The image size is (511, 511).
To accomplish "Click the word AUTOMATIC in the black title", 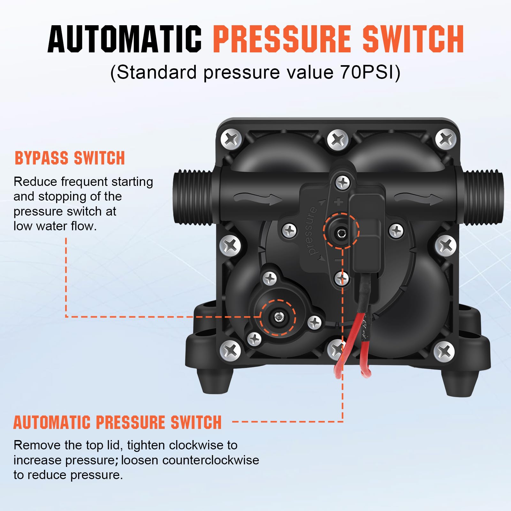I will point(125,39).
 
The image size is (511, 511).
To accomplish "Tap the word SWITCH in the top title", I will point(413,39).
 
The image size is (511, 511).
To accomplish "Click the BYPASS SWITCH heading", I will point(70,158).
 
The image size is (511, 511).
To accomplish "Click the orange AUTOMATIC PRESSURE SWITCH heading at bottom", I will point(117,423).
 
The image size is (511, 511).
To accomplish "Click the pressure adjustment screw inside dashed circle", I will point(341,233).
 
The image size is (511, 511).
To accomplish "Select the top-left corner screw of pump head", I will point(231,139).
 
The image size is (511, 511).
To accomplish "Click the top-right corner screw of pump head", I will point(446,139).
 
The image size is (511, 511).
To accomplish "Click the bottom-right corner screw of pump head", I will point(444,351).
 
